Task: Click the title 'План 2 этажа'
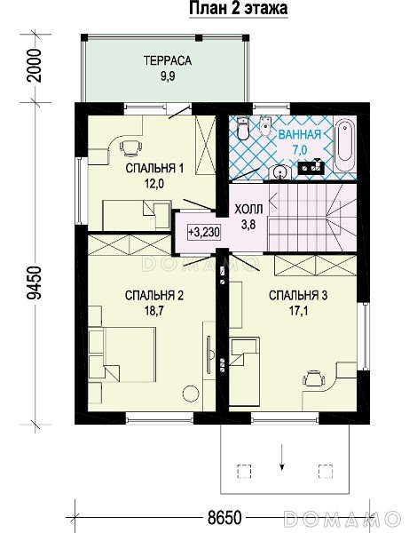click(x=239, y=8)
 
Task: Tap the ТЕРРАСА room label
click(x=168, y=60)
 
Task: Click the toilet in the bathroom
click(x=243, y=129)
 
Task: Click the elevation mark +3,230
click(x=204, y=233)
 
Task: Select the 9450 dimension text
click(x=35, y=283)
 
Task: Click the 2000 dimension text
click(x=35, y=66)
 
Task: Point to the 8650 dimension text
click(x=224, y=518)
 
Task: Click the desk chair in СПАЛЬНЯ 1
click(x=130, y=148)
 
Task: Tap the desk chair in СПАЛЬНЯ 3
click(x=313, y=378)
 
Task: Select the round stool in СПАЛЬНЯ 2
click(x=191, y=394)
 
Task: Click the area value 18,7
click(x=154, y=311)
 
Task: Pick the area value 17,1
click(x=298, y=311)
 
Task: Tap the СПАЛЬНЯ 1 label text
click(x=154, y=168)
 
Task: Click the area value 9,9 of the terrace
click(x=168, y=76)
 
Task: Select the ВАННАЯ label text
click(x=300, y=135)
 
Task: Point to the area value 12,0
click(x=154, y=184)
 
